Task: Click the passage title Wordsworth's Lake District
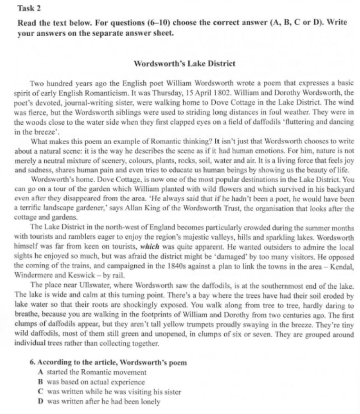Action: pyautogui.click(x=185, y=63)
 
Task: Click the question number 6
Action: pyautogui.click(x=32, y=363)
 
